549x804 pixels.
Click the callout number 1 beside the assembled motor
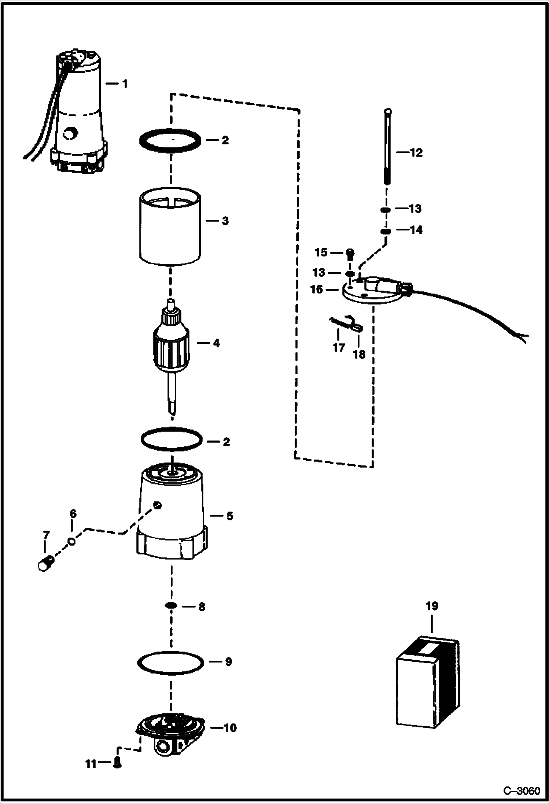click(125, 84)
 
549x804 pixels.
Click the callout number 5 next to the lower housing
click(229, 516)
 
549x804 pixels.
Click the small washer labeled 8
click(171, 606)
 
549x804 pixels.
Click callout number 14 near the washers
click(416, 230)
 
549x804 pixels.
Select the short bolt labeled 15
click(350, 253)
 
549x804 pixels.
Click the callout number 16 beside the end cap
click(317, 289)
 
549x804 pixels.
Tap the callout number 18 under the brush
click(359, 354)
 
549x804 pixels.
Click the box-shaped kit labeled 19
click(428, 683)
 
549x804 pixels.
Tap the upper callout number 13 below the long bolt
click(415, 209)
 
